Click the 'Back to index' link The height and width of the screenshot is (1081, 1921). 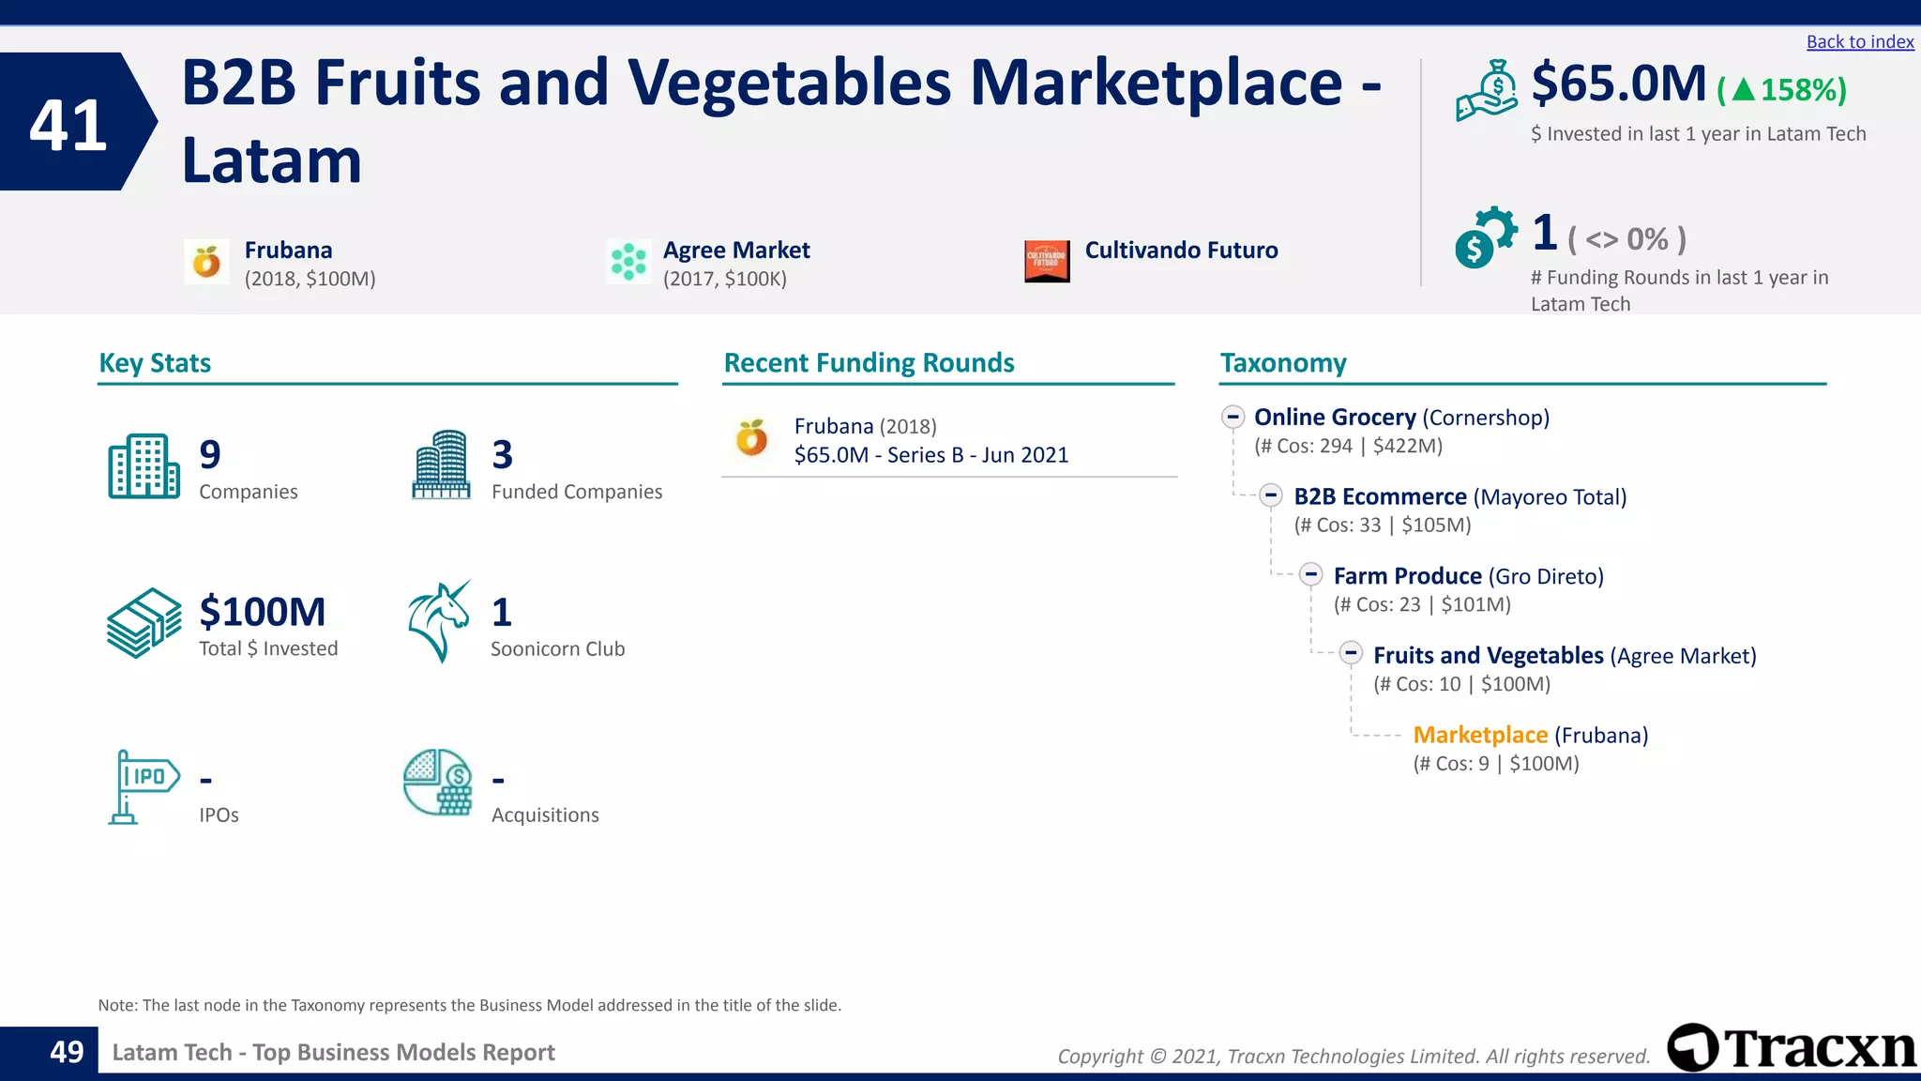[x=1859, y=42]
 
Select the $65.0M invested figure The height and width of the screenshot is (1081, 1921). [x=1618, y=84]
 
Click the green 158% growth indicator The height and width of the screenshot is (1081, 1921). [x=1781, y=90]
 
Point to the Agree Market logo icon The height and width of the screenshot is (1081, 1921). [x=628, y=262]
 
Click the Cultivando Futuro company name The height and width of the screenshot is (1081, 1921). [x=1181, y=251]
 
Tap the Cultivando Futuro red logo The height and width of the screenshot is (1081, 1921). [x=1047, y=261]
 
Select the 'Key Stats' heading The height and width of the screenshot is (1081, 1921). [x=155, y=363]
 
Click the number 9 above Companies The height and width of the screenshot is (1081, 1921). [x=210, y=455]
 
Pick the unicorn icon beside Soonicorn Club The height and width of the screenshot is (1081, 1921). [x=439, y=621]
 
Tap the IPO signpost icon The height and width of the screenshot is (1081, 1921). [x=143, y=785]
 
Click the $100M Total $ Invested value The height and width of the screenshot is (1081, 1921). [x=262, y=612]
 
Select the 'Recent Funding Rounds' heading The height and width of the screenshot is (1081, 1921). [x=869, y=363]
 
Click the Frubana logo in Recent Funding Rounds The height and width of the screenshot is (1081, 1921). [x=751, y=438]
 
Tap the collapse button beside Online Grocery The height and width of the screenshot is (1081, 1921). [x=1233, y=417]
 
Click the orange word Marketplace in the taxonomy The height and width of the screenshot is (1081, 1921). [x=1479, y=735]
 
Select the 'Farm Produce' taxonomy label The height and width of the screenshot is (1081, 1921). [x=1407, y=576]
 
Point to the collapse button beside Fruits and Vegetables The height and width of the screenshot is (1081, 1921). [x=1351, y=653]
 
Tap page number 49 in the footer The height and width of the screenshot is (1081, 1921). [x=67, y=1052]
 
